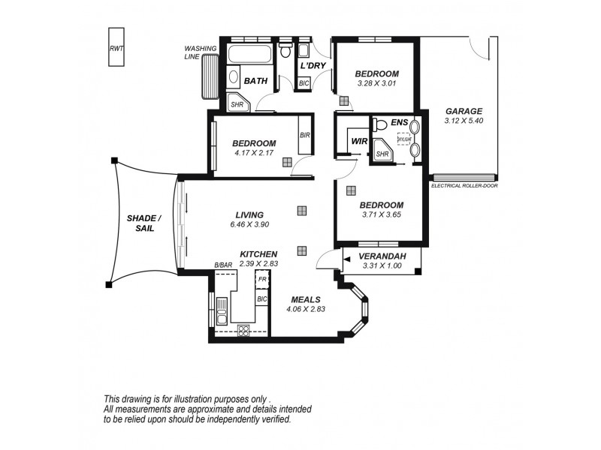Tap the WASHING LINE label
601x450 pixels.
(x=201, y=52)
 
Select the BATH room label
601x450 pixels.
(x=256, y=80)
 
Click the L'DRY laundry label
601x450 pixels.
(x=312, y=66)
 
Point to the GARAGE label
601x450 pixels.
(x=464, y=111)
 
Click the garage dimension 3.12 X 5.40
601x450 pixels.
(x=464, y=120)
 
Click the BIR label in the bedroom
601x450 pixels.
(x=304, y=135)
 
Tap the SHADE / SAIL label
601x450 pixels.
(x=140, y=222)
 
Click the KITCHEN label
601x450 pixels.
(x=258, y=254)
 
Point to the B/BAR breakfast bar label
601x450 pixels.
(x=222, y=265)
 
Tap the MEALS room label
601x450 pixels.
(x=306, y=299)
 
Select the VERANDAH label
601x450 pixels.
(x=384, y=256)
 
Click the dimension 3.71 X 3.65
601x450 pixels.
(x=381, y=214)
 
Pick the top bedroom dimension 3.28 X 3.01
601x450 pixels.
(x=376, y=83)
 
